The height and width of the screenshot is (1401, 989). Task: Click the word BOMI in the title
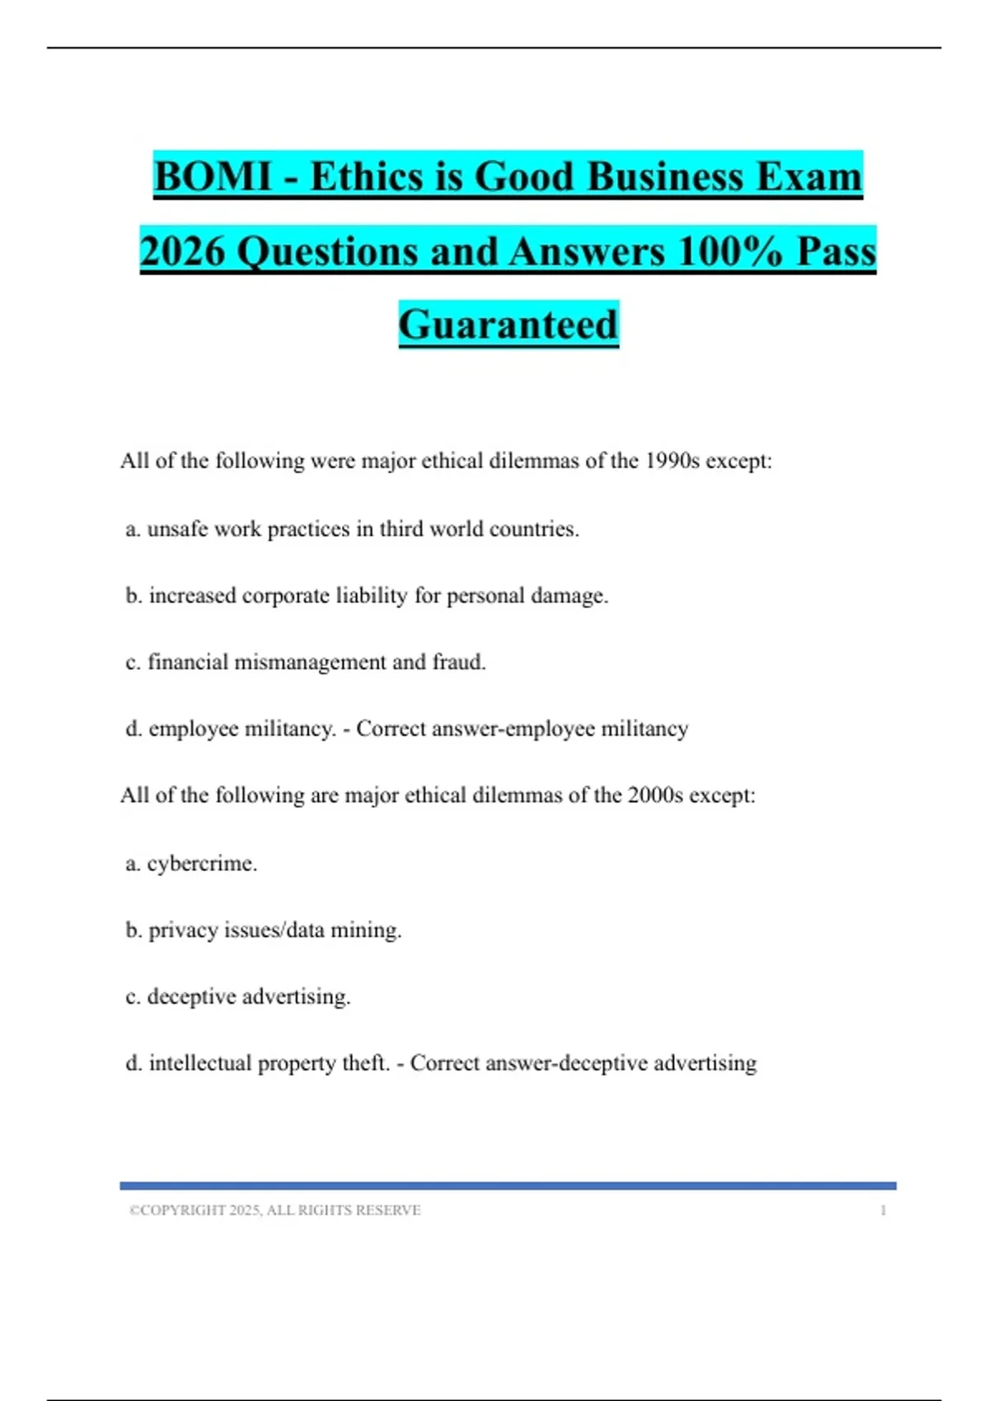click(213, 177)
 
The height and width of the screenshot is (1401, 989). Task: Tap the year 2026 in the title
click(182, 251)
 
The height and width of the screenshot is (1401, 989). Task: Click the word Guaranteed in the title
click(509, 325)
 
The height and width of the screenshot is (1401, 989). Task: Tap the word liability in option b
click(372, 596)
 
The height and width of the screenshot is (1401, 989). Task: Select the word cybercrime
click(201, 864)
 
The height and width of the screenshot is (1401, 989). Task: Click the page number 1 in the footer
click(884, 1211)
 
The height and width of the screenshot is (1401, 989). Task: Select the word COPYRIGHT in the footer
click(183, 1211)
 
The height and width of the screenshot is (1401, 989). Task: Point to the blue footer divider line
click(508, 1186)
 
